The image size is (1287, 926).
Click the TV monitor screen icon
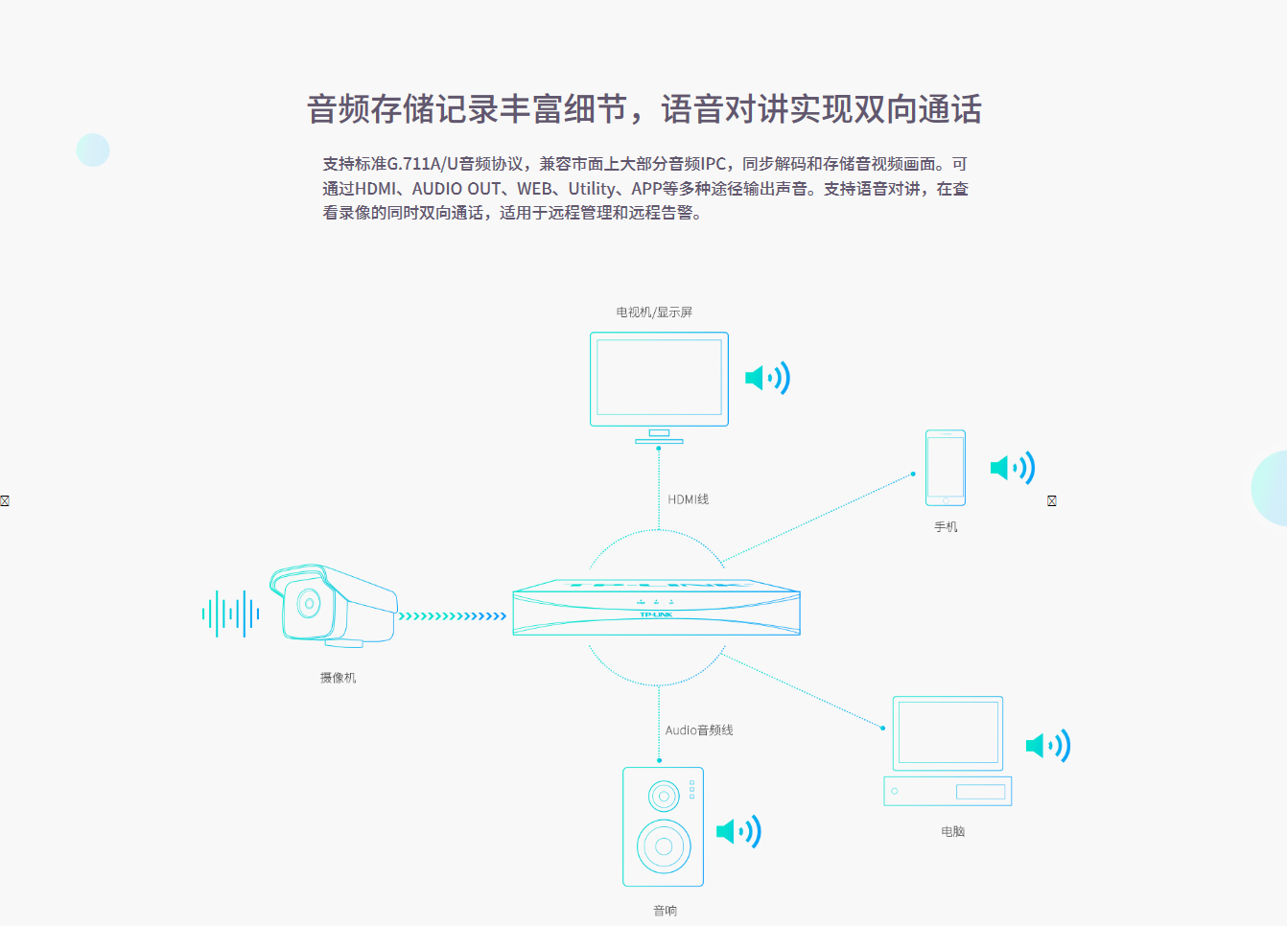pyautogui.click(x=659, y=378)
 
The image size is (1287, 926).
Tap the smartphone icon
pyautogui.click(x=946, y=468)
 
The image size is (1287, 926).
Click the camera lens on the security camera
pyautogui.click(x=309, y=603)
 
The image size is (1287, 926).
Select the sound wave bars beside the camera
pyautogui.click(x=231, y=613)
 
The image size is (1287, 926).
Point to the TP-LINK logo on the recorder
pyautogui.click(x=656, y=614)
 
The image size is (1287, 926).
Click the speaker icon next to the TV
pyautogui.click(x=767, y=378)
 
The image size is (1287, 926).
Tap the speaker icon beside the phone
pyautogui.click(x=1012, y=468)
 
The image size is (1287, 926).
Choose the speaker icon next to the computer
pyautogui.click(x=1047, y=745)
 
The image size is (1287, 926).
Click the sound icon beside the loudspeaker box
pyautogui.click(x=738, y=831)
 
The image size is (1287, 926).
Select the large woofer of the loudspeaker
pyautogui.click(x=663, y=845)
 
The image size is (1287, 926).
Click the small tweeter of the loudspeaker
pyautogui.click(x=664, y=796)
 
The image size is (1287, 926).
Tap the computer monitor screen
pyautogui.click(x=948, y=732)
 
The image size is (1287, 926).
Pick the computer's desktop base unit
pyautogui.click(x=948, y=791)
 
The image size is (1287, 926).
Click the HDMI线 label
pyautogui.click(x=689, y=499)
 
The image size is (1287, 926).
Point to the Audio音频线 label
pyautogui.click(x=699, y=730)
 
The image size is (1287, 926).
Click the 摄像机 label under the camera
pyautogui.click(x=338, y=678)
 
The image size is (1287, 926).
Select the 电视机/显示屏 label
pyautogui.click(x=654, y=313)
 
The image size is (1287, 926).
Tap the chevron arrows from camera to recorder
pyautogui.click(x=452, y=616)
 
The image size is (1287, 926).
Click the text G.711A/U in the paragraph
pyautogui.click(x=422, y=164)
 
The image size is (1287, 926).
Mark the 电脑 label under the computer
pyautogui.click(x=952, y=832)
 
